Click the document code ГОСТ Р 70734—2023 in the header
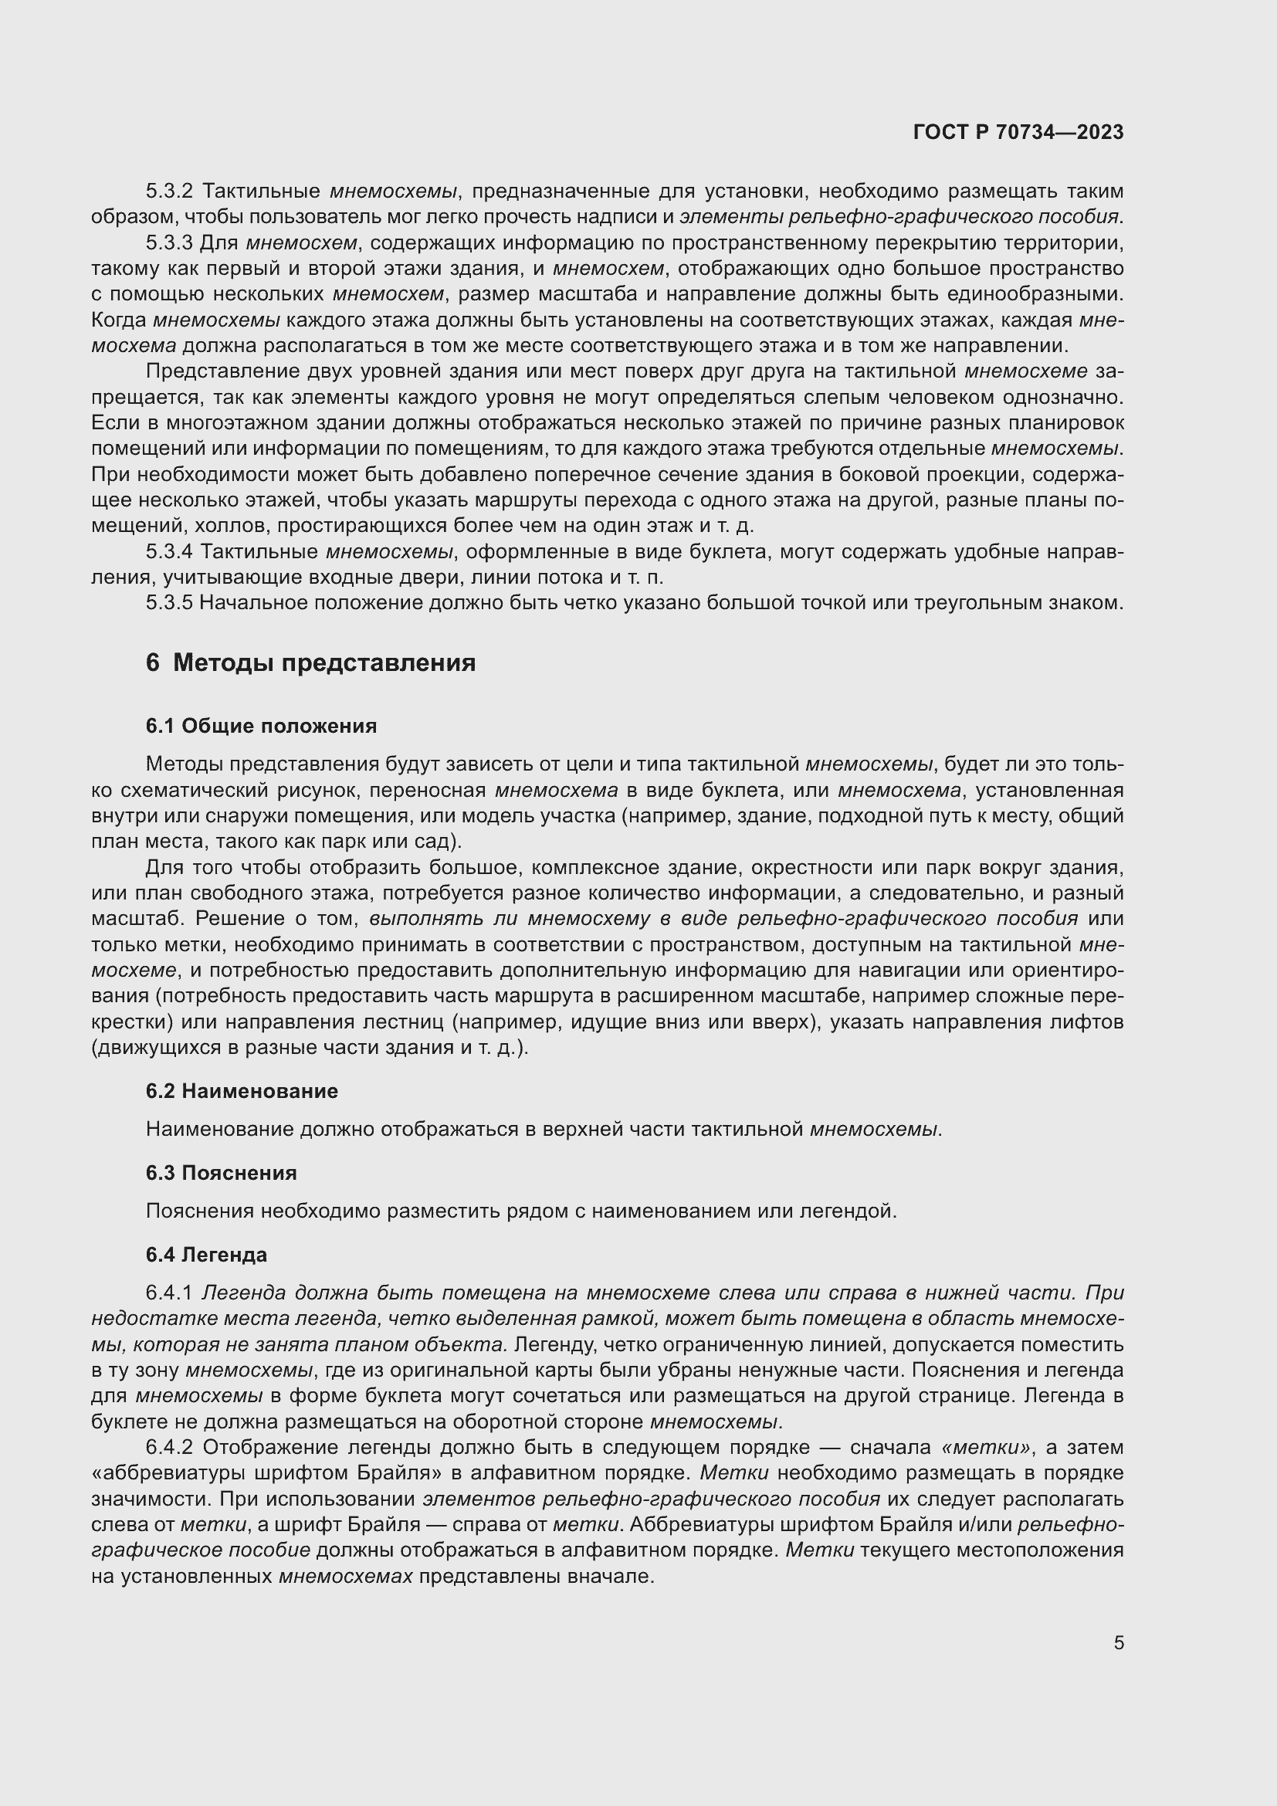tap(1018, 132)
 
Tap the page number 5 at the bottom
tap(1118, 1642)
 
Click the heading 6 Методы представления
tap(310, 662)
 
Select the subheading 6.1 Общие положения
tap(261, 725)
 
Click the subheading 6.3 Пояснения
tap(221, 1172)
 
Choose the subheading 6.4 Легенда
tap(206, 1254)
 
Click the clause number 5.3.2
tap(169, 191)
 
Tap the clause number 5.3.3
tap(169, 242)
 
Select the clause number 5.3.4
tap(169, 551)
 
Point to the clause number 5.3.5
tap(169, 602)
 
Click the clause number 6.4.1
tap(169, 1293)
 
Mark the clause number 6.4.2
tap(169, 1446)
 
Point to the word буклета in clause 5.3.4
tap(728, 551)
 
